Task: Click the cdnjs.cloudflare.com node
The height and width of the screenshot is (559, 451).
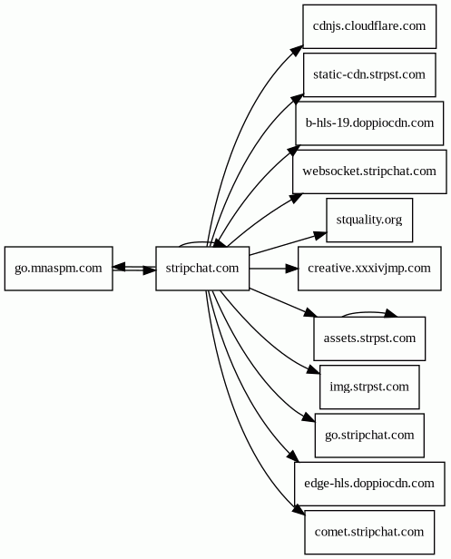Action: point(368,25)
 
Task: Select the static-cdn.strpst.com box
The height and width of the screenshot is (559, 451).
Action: point(368,74)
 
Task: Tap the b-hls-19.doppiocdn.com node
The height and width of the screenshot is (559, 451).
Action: point(369,123)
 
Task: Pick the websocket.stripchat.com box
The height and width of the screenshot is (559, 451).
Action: point(369,171)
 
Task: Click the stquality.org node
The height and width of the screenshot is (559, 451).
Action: point(368,220)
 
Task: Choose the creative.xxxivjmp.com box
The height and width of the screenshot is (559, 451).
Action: point(369,268)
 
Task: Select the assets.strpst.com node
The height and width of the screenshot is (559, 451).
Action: point(369,338)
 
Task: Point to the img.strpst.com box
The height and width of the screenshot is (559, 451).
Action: point(369,387)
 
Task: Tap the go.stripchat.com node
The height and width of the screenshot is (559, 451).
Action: point(369,435)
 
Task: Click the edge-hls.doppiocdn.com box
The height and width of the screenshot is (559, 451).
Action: point(369,484)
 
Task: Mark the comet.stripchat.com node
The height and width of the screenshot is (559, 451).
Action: point(369,532)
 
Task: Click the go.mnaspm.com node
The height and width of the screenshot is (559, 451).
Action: point(59,268)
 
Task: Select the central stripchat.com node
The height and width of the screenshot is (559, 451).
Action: point(202,268)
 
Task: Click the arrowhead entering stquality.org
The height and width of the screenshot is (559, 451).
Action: point(320,234)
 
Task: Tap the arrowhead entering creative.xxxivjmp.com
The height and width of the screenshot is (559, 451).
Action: point(292,268)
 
